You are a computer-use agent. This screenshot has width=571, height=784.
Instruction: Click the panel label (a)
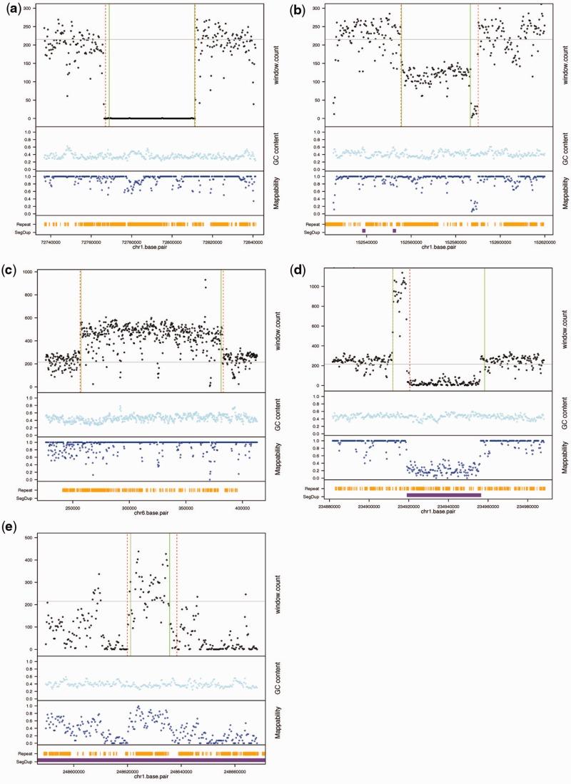coord(12,10)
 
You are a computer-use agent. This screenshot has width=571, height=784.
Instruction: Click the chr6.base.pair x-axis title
coord(151,511)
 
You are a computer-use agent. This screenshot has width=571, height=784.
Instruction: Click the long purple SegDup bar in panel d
coord(443,494)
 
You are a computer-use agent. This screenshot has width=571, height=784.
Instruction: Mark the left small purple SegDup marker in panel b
coord(364,230)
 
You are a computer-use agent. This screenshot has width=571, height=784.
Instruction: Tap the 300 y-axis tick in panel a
coord(31,7)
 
